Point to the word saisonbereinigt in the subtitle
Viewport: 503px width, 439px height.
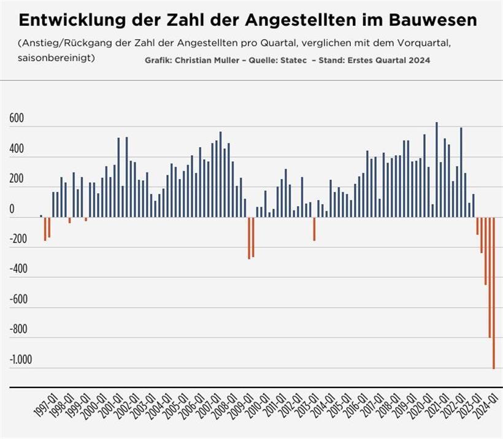point(56,58)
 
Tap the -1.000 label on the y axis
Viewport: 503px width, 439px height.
point(21,360)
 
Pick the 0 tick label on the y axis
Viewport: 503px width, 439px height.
point(12,210)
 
